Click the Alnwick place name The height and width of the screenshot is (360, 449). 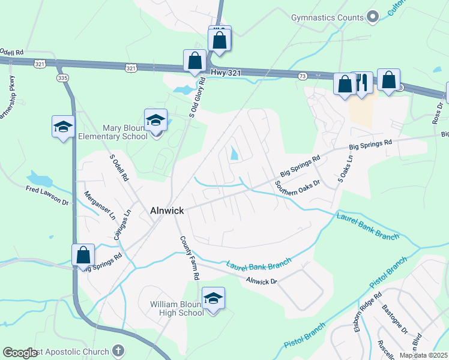point(166,211)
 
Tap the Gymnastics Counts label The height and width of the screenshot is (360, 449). point(327,17)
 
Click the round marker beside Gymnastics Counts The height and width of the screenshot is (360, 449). point(373,17)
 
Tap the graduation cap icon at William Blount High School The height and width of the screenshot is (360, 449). point(212,298)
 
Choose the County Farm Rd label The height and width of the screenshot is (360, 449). point(190,258)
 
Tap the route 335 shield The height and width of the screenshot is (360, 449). point(62,78)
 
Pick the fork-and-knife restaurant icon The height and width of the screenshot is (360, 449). point(361,83)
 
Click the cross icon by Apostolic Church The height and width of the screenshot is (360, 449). point(119,351)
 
